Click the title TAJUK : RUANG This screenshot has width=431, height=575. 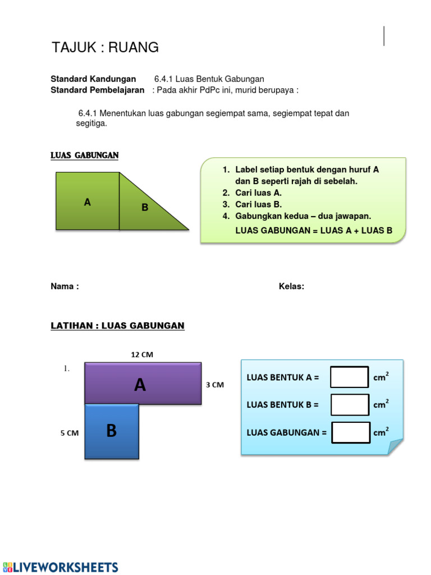click(x=105, y=48)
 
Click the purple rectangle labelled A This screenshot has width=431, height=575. click(x=143, y=384)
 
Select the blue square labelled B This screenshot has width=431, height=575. click(x=112, y=431)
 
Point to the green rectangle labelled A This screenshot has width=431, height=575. click(x=88, y=201)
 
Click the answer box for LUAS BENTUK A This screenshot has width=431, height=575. click(x=349, y=377)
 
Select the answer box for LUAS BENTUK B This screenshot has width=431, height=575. click(x=349, y=404)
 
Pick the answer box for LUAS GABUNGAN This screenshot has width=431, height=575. click(x=350, y=432)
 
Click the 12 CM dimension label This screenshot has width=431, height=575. click(x=142, y=354)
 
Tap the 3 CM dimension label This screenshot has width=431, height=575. click(x=215, y=385)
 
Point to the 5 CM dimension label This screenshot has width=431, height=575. click(x=70, y=433)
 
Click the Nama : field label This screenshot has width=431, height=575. click(x=65, y=286)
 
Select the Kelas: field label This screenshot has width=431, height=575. click(x=291, y=286)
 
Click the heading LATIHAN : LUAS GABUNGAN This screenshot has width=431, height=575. click(x=117, y=326)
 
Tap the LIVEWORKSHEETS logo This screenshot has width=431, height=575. click(x=60, y=567)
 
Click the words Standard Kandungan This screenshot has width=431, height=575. click(x=93, y=79)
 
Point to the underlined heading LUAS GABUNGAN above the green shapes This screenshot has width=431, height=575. click(x=84, y=156)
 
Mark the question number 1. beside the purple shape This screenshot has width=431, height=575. click(x=66, y=369)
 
